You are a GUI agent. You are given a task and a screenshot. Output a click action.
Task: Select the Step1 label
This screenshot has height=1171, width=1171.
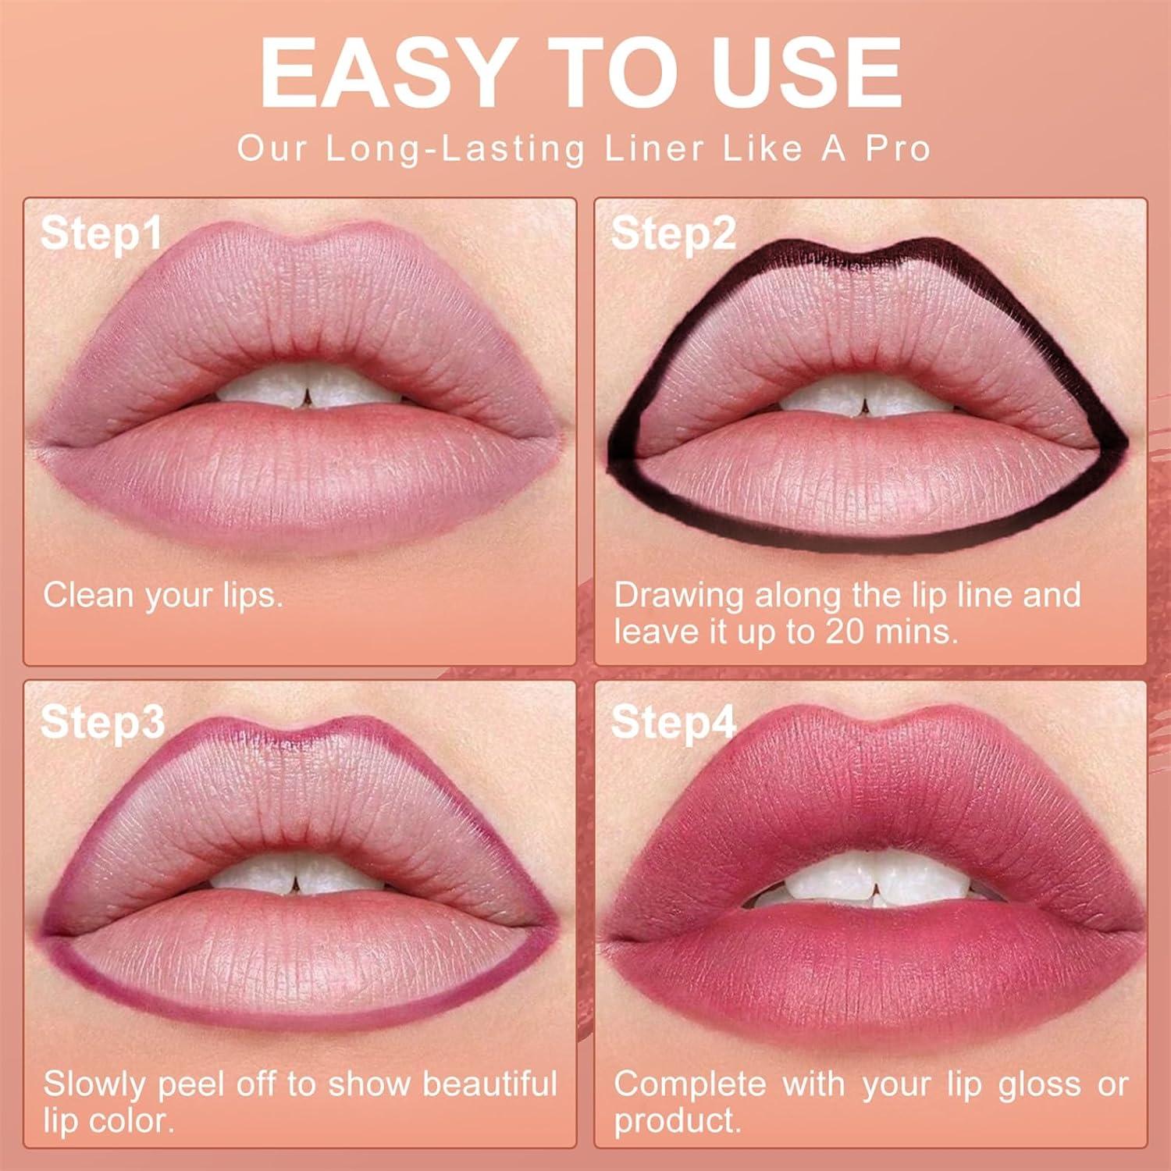(x=101, y=233)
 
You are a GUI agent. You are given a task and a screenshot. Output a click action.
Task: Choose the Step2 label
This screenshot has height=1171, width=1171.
(x=673, y=233)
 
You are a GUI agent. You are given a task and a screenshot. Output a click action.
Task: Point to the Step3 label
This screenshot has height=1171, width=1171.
(x=102, y=721)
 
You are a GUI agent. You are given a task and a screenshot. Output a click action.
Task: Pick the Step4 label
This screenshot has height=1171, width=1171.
(x=673, y=721)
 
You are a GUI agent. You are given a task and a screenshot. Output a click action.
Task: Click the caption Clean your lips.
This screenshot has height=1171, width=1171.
(x=163, y=595)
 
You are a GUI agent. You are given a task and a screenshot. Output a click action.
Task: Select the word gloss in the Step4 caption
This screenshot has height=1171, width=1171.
(x=1043, y=1084)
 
